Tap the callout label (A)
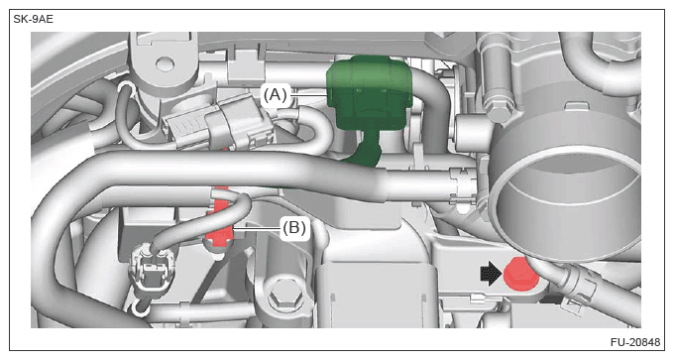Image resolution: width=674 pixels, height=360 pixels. coord(276,94)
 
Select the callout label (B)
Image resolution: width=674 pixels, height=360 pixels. coord(294,227)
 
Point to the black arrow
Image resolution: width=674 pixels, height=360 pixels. coord(491,274)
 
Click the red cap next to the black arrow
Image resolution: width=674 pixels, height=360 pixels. coord(521,274)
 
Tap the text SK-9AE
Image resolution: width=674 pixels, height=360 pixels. coord(33,20)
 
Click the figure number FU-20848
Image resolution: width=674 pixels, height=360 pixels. coord(635,342)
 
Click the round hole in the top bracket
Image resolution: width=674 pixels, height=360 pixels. coord(165,64)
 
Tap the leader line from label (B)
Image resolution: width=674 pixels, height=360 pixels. coord(257,228)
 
